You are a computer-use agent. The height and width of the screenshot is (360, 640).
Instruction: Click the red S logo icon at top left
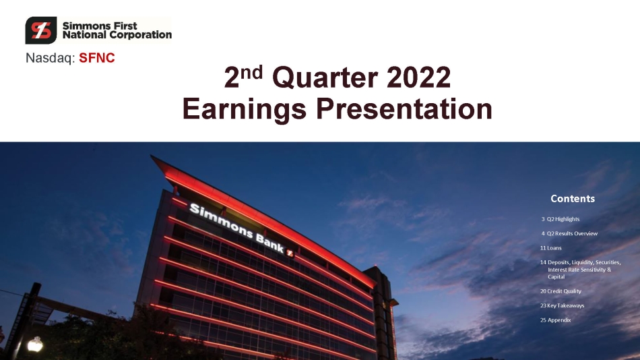(41, 30)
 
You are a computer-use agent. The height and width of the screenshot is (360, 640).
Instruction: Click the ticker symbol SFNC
(97, 58)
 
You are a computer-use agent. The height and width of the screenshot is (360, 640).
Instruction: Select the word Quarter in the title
(324, 78)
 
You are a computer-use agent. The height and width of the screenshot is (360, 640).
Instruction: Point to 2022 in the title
(418, 78)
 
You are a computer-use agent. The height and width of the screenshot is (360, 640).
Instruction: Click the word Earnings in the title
(244, 109)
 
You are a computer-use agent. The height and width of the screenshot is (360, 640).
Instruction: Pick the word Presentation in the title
(404, 109)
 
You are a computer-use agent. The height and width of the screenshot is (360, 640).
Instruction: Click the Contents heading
(573, 199)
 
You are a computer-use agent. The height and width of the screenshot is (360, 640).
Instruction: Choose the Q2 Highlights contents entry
(561, 219)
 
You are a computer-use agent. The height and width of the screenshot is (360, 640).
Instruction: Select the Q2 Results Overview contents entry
(569, 233)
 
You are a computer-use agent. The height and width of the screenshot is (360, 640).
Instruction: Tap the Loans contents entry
(550, 248)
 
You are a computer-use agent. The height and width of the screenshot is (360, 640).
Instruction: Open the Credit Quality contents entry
(561, 291)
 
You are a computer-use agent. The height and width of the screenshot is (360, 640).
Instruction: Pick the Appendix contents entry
(555, 320)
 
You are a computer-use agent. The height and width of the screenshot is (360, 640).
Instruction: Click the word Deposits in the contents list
(558, 262)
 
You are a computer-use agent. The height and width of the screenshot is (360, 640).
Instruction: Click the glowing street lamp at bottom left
(35, 344)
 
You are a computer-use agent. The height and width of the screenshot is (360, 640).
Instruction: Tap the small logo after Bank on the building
(290, 253)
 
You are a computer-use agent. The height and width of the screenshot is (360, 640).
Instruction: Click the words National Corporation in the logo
(117, 35)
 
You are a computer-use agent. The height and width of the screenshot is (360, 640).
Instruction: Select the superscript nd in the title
(251, 72)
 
